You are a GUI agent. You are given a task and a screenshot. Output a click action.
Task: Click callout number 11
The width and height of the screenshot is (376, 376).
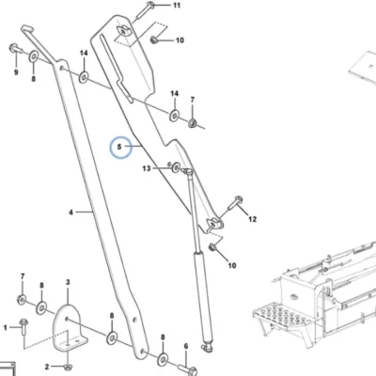[x=177, y=6]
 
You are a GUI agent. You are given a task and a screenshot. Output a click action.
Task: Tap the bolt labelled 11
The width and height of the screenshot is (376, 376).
[x=144, y=11]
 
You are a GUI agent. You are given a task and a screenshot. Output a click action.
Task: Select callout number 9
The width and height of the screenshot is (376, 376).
[x=16, y=72]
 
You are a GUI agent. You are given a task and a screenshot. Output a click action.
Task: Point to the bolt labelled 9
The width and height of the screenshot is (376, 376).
[x=15, y=49]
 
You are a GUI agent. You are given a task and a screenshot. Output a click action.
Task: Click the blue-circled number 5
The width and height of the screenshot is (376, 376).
[x=119, y=147]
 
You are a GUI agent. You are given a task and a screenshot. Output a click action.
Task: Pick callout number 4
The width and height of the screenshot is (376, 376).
[x=71, y=212]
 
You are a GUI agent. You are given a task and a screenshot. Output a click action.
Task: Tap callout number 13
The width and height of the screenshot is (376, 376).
[x=147, y=168]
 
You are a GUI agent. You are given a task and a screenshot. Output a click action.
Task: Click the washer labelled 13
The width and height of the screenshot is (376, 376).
[x=176, y=167]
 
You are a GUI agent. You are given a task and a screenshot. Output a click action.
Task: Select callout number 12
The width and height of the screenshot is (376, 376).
[x=252, y=219]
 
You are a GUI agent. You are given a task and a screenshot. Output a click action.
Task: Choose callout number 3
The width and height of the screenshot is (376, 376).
[x=68, y=282]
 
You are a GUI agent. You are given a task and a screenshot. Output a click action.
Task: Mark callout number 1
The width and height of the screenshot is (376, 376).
[x=6, y=328]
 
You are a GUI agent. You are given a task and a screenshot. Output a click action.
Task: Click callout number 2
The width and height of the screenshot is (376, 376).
[x=47, y=367]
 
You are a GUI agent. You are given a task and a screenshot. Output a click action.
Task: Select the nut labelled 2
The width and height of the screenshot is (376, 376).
[x=68, y=367]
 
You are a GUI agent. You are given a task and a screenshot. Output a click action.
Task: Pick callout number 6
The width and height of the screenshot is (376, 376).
[x=186, y=346]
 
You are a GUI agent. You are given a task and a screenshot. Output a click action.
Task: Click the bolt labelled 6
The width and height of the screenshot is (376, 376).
[x=188, y=369]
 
